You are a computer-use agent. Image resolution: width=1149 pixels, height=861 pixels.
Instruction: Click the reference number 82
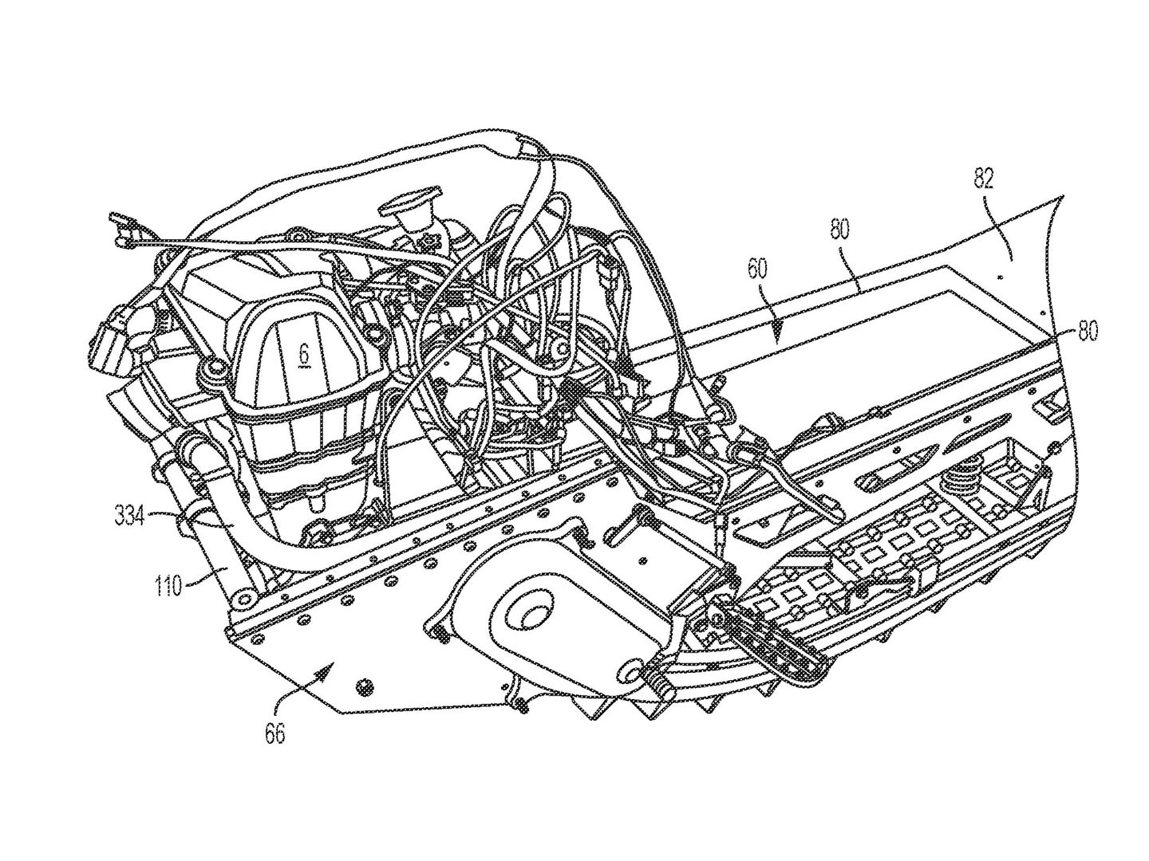pos(983,179)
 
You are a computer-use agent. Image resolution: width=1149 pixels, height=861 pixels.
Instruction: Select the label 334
pos(128,518)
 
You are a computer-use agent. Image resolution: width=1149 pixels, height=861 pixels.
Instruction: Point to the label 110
pos(167,587)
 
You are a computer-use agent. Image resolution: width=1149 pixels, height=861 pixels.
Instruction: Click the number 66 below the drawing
pos(274,733)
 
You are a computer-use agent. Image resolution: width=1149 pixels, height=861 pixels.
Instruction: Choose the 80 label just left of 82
pos(839,230)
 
